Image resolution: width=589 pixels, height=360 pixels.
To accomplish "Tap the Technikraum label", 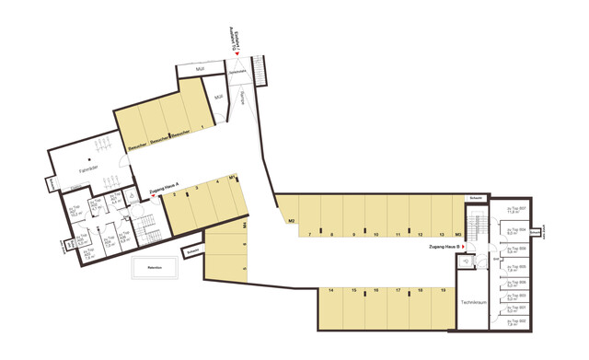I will point(473,303).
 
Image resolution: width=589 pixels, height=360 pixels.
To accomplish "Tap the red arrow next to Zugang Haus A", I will point(155,194).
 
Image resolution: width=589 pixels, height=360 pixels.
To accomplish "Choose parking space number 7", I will point(310,235).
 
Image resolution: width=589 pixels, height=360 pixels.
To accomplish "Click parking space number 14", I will point(329,291).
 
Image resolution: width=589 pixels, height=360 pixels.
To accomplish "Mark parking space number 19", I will point(444,291).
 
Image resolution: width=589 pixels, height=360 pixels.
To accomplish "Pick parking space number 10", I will point(376,235).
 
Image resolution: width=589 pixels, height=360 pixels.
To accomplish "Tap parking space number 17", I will point(398,291).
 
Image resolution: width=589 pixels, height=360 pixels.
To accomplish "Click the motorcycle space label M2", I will point(291,221).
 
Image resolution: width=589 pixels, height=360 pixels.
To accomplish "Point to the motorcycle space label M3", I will point(457,235).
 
